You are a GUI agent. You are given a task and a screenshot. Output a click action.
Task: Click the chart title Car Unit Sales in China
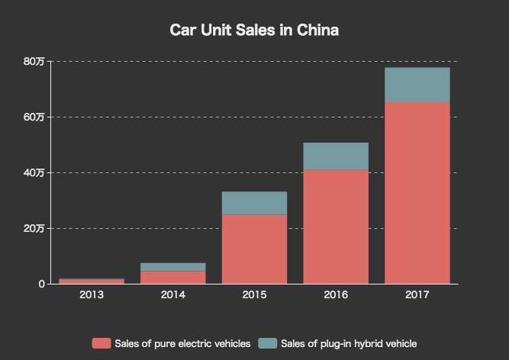(254, 31)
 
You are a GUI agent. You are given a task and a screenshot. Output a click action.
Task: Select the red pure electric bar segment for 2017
(417, 192)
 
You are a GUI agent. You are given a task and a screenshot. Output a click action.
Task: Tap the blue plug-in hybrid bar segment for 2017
(417, 85)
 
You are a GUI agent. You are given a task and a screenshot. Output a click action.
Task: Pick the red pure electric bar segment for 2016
(336, 227)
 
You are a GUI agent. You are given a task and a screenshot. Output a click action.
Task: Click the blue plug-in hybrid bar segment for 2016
(336, 156)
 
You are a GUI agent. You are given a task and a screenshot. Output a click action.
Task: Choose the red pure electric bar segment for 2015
(254, 249)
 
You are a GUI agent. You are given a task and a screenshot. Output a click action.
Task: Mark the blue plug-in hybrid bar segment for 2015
(254, 203)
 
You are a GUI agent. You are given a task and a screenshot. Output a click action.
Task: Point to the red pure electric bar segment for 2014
(172, 277)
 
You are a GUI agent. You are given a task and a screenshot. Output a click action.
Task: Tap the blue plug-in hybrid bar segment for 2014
(172, 267)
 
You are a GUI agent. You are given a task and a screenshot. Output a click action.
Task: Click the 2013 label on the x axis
(91, 294)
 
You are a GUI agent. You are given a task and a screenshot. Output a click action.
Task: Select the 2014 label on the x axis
(172, 294)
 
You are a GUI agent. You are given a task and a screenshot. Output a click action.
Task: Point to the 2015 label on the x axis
(254, 294)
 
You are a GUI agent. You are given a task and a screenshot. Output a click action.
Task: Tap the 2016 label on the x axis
(336, 294)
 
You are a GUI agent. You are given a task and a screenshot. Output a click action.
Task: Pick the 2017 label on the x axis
(417, 294)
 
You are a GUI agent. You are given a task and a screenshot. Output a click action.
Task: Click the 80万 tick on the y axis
(34, 61)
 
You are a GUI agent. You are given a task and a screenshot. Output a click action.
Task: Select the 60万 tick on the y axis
(34, 117)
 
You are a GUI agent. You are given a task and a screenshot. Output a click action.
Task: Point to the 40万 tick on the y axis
(34, 172)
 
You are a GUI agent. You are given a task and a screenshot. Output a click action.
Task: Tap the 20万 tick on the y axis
(34, 228)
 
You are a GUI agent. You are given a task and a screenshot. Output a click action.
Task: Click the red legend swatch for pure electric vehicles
(101, 343)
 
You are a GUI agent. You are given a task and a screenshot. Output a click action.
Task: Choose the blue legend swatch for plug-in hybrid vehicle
(267, 343)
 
